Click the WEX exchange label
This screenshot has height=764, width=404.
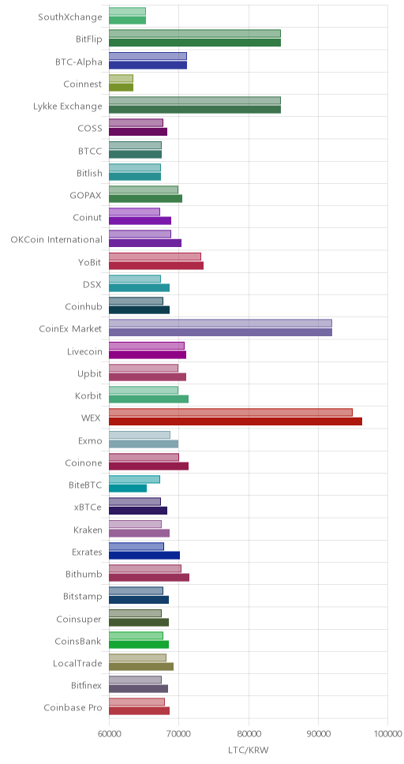[x=92, y=418]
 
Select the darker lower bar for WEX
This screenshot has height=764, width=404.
[x=235, y=421]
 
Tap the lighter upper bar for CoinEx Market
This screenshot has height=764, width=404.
[x=220, y=323]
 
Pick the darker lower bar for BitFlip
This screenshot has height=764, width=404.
[x=195, y=43]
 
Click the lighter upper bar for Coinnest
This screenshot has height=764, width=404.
[x=121, y=78]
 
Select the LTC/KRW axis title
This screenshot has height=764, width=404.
[x=249, y=749]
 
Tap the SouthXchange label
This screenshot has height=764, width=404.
[x=70, y=17]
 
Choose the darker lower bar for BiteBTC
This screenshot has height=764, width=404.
[x=128, y=489]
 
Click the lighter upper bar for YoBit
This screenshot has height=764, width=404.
[x=155, y=257]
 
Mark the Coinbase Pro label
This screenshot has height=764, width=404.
[x=73, y=707]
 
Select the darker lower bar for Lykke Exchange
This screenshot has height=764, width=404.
[x=195, y=109]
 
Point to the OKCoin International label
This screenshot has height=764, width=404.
[x=57, y=240]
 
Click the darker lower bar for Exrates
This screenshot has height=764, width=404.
[x=144, y=555]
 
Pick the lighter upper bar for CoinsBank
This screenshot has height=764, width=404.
[x=136, y=635]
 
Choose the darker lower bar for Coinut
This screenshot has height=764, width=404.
[x=140, y=221]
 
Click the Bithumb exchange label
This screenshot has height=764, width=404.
[x=84, y=574]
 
